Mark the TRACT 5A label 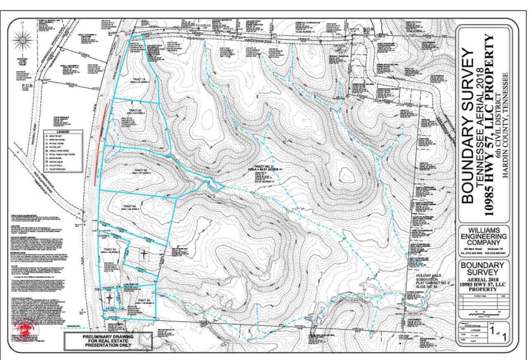[110, 249]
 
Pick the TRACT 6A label [142, 301]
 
